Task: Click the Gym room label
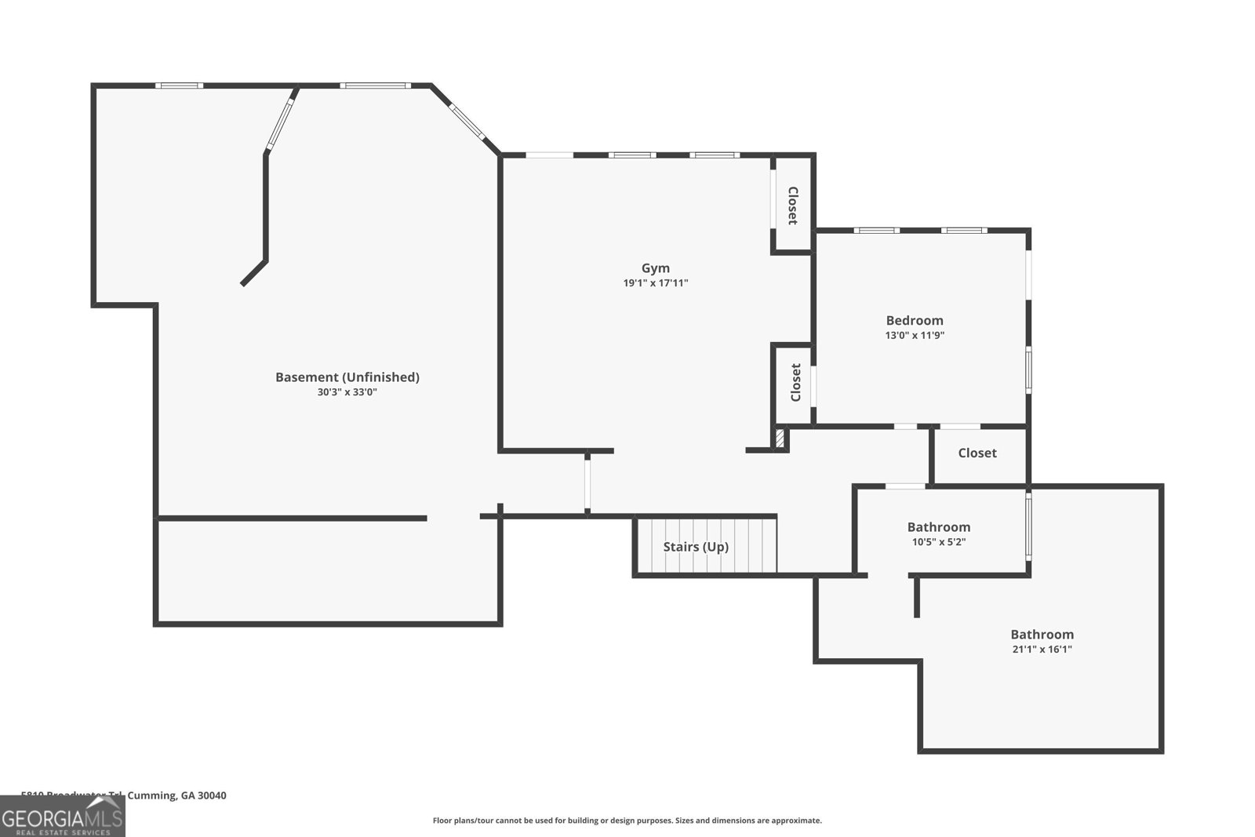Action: [655, 268]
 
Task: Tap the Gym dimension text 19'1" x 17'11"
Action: [655, 283]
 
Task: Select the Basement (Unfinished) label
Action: [347, 377]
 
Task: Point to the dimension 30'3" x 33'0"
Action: [347, 392]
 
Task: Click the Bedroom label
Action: [914, 320]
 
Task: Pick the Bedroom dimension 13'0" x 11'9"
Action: [914, 335]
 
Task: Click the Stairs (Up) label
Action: [696, 547]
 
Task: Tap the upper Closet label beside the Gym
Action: [793, 206]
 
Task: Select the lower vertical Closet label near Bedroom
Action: [795, 382]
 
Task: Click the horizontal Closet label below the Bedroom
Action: [977, 453]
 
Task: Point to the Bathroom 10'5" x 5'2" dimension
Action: [938, 541]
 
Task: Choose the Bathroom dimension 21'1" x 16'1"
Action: [1042, 649]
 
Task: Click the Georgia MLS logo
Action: [62, 817]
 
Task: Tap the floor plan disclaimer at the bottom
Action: [627, 821]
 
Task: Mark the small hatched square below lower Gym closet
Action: [780, 438]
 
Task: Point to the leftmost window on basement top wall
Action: [179, 86]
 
